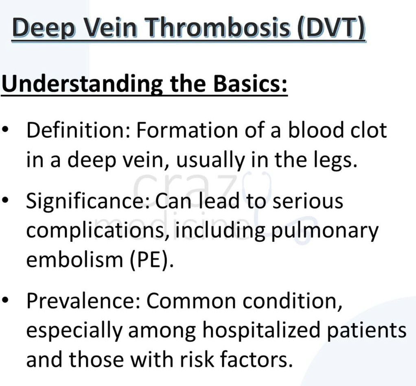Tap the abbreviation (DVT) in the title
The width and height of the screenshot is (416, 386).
point(332,28)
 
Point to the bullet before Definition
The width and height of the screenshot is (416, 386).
point(6,130)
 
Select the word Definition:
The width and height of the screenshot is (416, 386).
point(79,130)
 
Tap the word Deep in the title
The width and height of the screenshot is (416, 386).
point(44,28)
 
